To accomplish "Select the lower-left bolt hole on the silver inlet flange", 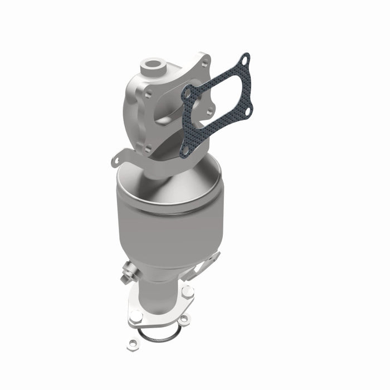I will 148,147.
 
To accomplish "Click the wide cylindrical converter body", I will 167,234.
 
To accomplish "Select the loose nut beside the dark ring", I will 182,319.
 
